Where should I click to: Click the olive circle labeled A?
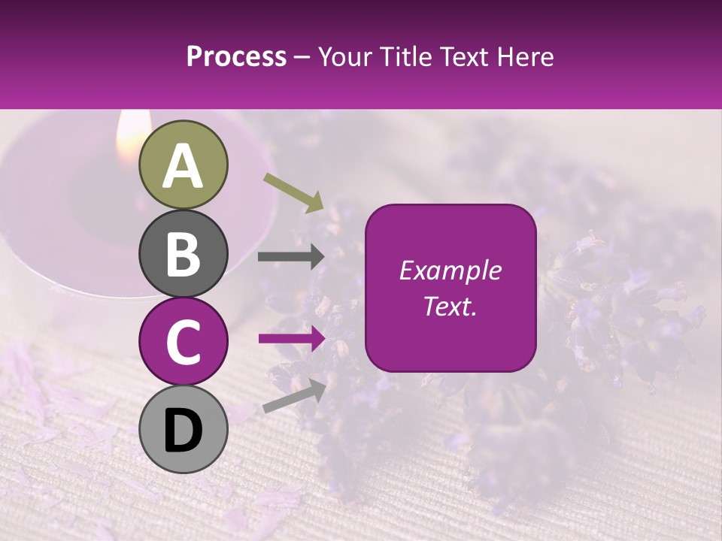click(x=184, y=165)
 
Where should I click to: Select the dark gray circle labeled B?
click(x=184, y=253)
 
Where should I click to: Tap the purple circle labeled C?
click(x=184, y=341)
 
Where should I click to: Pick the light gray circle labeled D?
click(x=184, y=429)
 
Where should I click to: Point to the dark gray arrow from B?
click(x=291, y=257)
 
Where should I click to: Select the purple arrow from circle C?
click(x=291, y=339)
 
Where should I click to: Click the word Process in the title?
click(x=236, y=56)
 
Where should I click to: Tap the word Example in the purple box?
click(x=450, y=270)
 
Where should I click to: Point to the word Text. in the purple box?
click(x=450, y=306)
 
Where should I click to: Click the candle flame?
click(x=129, y=135)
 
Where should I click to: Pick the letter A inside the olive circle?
click(x=184, y=166)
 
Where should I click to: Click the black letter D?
click(x=184, y=431)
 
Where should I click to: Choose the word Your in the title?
click(x=344, y=56)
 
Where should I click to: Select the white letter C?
click(x=184, y=342)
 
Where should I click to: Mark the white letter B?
click(x=184, y=254)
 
